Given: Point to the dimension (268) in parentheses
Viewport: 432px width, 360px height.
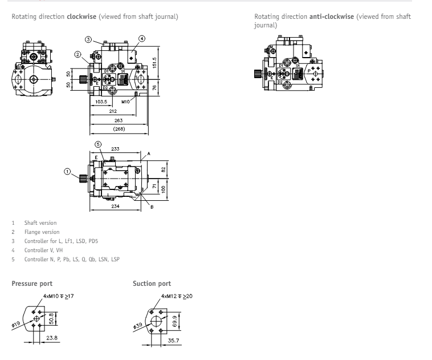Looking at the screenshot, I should [119, 129].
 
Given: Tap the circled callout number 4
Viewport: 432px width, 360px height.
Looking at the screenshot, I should [142, 39].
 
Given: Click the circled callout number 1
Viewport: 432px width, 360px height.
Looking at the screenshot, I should [68, 171].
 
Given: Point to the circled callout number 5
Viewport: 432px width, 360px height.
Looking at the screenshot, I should [97, 144].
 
